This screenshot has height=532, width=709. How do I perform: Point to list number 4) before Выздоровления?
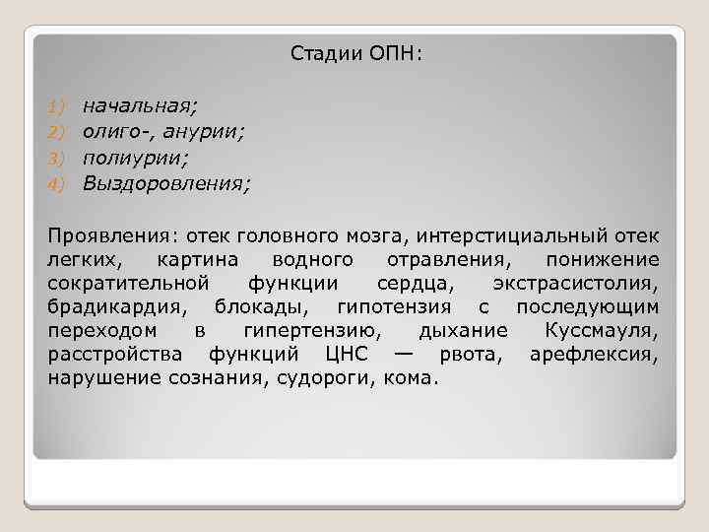coord(56,183)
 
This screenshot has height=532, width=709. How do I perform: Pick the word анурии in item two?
coord(205,130)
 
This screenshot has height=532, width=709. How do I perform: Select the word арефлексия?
coord(594,355)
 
